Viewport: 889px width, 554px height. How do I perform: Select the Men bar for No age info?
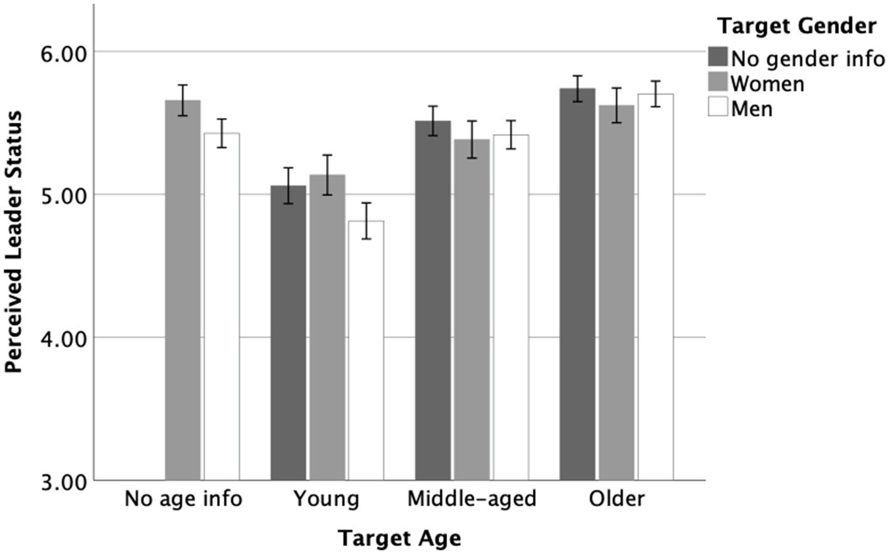(x=221, y=306)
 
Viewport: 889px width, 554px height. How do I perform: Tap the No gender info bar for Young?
(x=288, y=333)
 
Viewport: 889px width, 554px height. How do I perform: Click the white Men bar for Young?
(x=366, y=350)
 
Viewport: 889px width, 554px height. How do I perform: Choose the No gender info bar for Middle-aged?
(x=433, y=300)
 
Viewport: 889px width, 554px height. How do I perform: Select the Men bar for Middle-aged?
(x=510, y=307)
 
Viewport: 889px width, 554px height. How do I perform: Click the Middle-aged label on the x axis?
(x=472, y=499)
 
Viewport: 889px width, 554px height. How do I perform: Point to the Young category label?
(x=327, y=499)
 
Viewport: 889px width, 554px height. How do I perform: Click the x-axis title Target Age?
(x=399, y=538)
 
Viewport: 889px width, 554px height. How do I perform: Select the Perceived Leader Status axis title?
(x=14, y=243)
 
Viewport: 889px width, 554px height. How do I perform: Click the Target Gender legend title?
(x=796, y=26)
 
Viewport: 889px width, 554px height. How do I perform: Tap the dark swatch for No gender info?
(x=718, y=56)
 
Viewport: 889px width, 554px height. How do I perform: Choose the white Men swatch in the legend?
(x=718, y=107)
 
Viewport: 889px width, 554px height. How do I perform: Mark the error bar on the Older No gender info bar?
(x=577, y=88)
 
